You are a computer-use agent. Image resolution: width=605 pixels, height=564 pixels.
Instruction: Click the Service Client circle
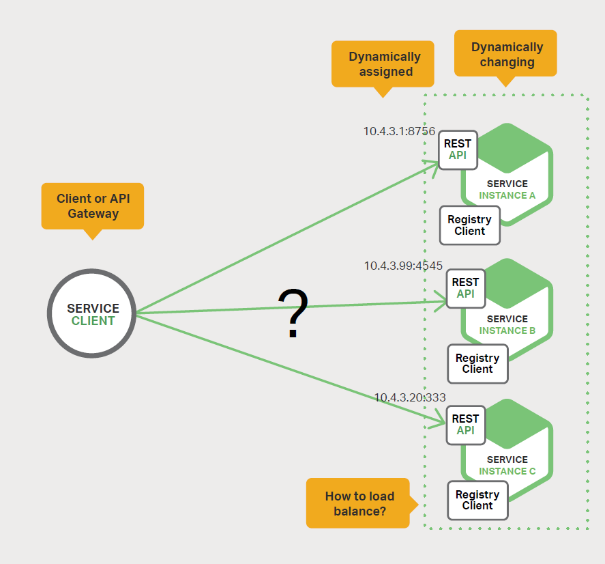[x=92, y=313]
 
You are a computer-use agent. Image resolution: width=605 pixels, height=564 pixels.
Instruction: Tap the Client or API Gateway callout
[x=93, y=206]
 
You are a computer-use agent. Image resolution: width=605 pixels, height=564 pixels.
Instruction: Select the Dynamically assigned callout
[x=383, y=64]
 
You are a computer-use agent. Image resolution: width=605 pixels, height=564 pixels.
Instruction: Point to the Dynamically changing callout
[x=506, y=54]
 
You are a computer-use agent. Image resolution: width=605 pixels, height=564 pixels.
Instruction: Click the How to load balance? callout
[x=358, y=503]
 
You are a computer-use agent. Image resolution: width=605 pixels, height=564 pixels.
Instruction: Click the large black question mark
[x=293, y=313]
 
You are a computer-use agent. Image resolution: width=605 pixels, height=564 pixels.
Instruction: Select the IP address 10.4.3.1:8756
[x=399, y=131]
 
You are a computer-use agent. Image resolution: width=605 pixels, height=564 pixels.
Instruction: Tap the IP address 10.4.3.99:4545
[x=403, y=266]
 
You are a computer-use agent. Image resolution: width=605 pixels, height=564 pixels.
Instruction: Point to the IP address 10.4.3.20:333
[x=409, y=397]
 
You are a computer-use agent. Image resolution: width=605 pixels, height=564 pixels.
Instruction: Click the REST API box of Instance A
[x=457, y=150]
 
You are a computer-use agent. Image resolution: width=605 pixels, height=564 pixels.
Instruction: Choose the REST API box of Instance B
[x=465, y=288]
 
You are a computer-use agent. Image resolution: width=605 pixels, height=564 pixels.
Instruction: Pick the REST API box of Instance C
[x=465, y=425]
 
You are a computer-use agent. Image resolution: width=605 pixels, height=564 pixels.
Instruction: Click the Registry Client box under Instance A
[x=469, y=225]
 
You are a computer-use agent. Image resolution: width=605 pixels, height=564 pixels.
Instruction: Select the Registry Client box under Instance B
[x=477, y=363]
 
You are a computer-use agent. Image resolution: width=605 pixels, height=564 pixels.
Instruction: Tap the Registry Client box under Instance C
[x=477, y=500]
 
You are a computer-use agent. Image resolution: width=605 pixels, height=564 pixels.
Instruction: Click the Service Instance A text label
[x=507, y=189]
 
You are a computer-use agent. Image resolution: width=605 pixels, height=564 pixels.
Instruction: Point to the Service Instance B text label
[x=507, y=324]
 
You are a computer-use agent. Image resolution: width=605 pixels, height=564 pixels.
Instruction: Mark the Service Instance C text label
[x=507, y=465]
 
